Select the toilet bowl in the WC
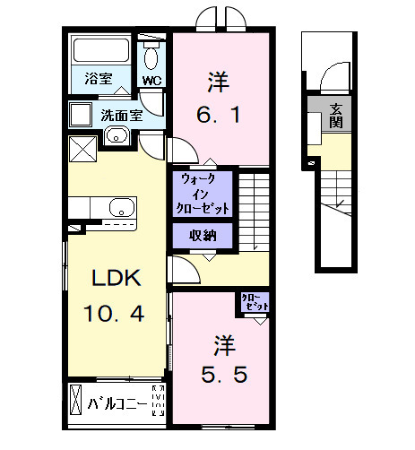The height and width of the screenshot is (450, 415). pos(152,57)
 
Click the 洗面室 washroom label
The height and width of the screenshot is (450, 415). pos(121,115)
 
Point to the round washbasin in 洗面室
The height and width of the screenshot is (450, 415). pos(117,136)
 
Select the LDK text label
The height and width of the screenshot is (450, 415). pos(115,278)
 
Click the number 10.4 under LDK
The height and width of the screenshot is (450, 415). pos(115,315)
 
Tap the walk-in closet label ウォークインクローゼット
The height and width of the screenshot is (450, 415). pos(204,193)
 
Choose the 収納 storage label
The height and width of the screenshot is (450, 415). pos(202,236)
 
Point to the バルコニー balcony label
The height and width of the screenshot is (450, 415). pos(115,403)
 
